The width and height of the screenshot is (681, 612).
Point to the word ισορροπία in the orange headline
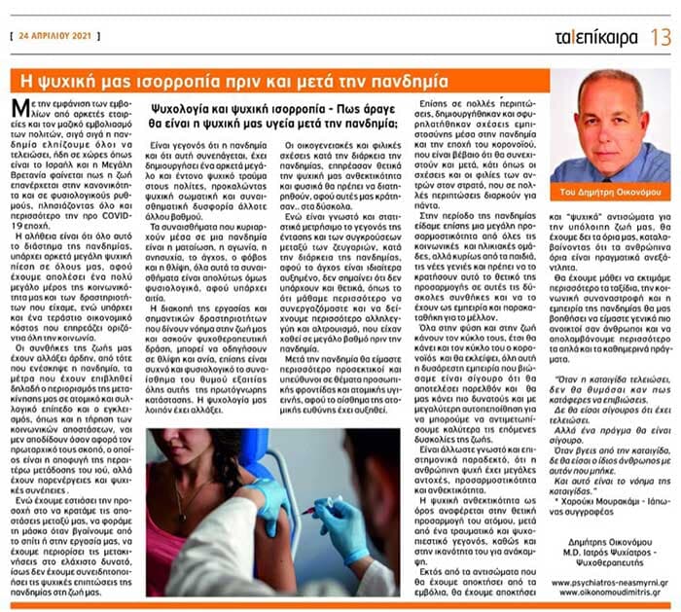coord(206,79)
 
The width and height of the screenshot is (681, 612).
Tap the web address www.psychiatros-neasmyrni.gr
coord(606,582)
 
